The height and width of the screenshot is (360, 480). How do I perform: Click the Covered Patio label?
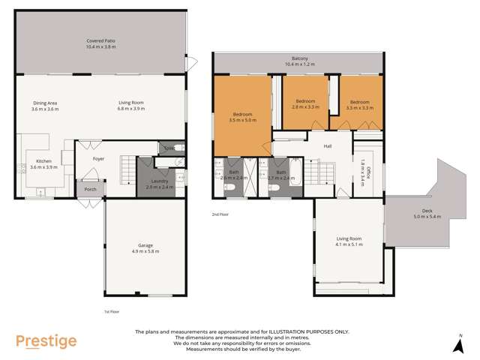(100, 43)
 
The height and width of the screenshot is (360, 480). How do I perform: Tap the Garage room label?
(144, 247)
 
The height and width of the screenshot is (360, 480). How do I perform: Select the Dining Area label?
(45, 106)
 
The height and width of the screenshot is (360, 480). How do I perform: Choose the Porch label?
(90, 189)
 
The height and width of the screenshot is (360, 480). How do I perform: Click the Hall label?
(328, 146)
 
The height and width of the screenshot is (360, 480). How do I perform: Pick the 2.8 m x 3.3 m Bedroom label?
(305, 104)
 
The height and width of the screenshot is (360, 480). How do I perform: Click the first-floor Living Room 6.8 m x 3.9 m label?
(131, 106)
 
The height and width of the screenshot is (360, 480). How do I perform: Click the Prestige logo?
(46, 341)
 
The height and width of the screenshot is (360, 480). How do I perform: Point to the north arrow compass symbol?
(459, 344)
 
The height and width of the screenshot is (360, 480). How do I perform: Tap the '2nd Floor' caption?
(220, 214)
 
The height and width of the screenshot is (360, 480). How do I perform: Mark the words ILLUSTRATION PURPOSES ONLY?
(301, 331)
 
